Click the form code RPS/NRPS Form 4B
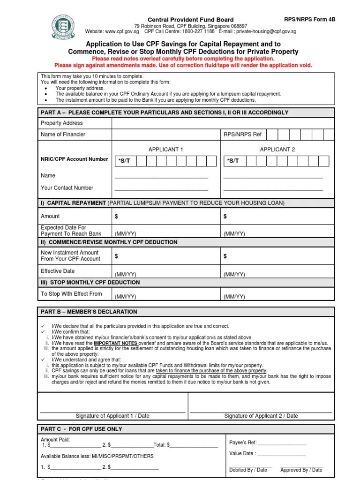(x=310, y=19)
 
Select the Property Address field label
(x=62, y=123)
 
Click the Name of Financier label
(x=63, y=135)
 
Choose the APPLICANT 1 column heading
(x=165, y=150)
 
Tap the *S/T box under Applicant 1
(x=124, y=161)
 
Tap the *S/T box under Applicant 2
(x=233, y=161)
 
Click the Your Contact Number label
(x=67, y=188)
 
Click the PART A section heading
(x=165, y=112)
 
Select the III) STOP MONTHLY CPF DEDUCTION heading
(x=90, y=283)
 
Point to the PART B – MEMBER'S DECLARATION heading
(x=89, y=312)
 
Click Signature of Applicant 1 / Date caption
(x=112, y=416)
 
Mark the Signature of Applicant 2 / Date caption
(x=261, y=416)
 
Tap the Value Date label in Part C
(x=242, y=454)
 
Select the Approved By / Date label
(x=301, y=470)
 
